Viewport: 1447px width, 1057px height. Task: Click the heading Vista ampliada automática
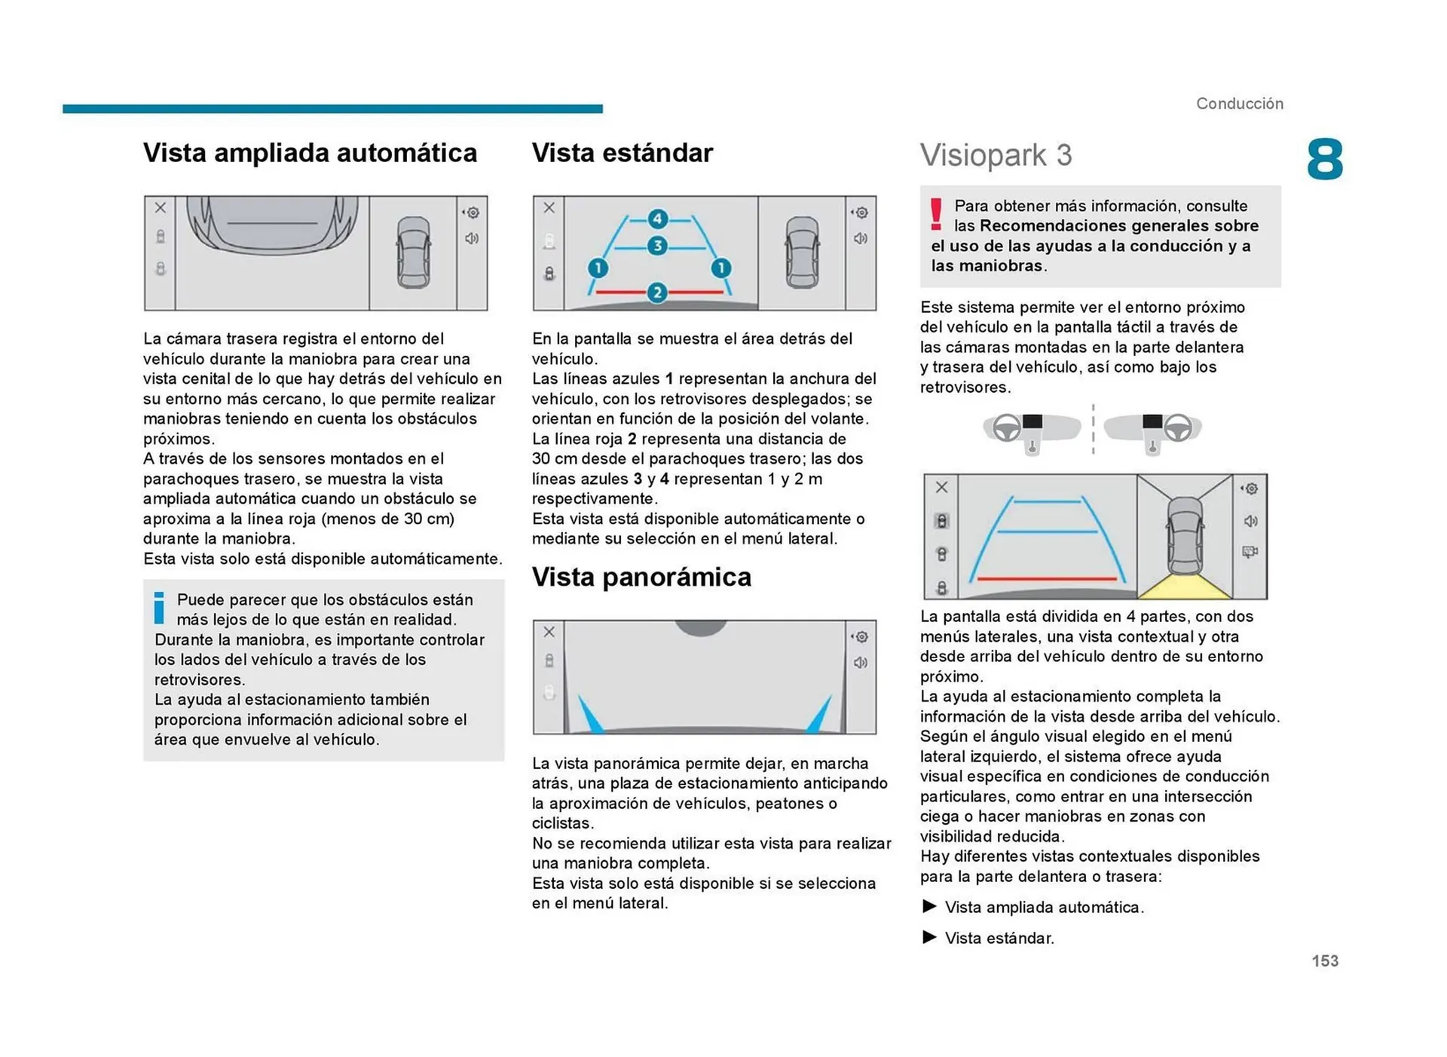click(x=310, y=153)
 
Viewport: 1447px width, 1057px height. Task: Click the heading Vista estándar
click(x=622, y=153)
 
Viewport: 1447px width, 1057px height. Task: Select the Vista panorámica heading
click(x=641, y=578)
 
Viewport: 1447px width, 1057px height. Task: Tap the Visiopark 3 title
click(x=996, y=155)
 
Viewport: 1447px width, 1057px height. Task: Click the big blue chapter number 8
click(x=1325, y=160)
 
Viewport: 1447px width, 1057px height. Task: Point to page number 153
click(x=1325, y=960)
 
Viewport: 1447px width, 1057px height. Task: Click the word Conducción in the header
click(x=1240, y=104)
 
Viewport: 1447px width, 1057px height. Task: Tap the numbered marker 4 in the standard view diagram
click(x=657, y=219)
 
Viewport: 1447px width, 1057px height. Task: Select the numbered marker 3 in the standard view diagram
click(x=657, y=246)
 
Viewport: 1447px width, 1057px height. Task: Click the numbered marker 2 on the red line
click(x=657, y=293)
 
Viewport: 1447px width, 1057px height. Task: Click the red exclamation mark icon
click(x=936, y=215)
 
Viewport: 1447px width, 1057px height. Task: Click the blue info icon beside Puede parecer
click(x=159, y=608)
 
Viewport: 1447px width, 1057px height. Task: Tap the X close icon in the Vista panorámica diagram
click(x=549, y=632)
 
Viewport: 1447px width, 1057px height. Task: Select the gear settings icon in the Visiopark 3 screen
click(x=1250, y=489)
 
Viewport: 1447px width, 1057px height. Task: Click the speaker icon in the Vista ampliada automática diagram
click(x=472, y=239)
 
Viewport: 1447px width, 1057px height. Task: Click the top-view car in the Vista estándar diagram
click(x=802, y=252)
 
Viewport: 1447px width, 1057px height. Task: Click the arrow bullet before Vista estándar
click(x=930, y=937)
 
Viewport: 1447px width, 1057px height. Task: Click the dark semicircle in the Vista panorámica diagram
click(x=701, y=627)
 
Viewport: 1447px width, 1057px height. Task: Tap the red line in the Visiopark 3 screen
click(x=1048, y=578)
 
